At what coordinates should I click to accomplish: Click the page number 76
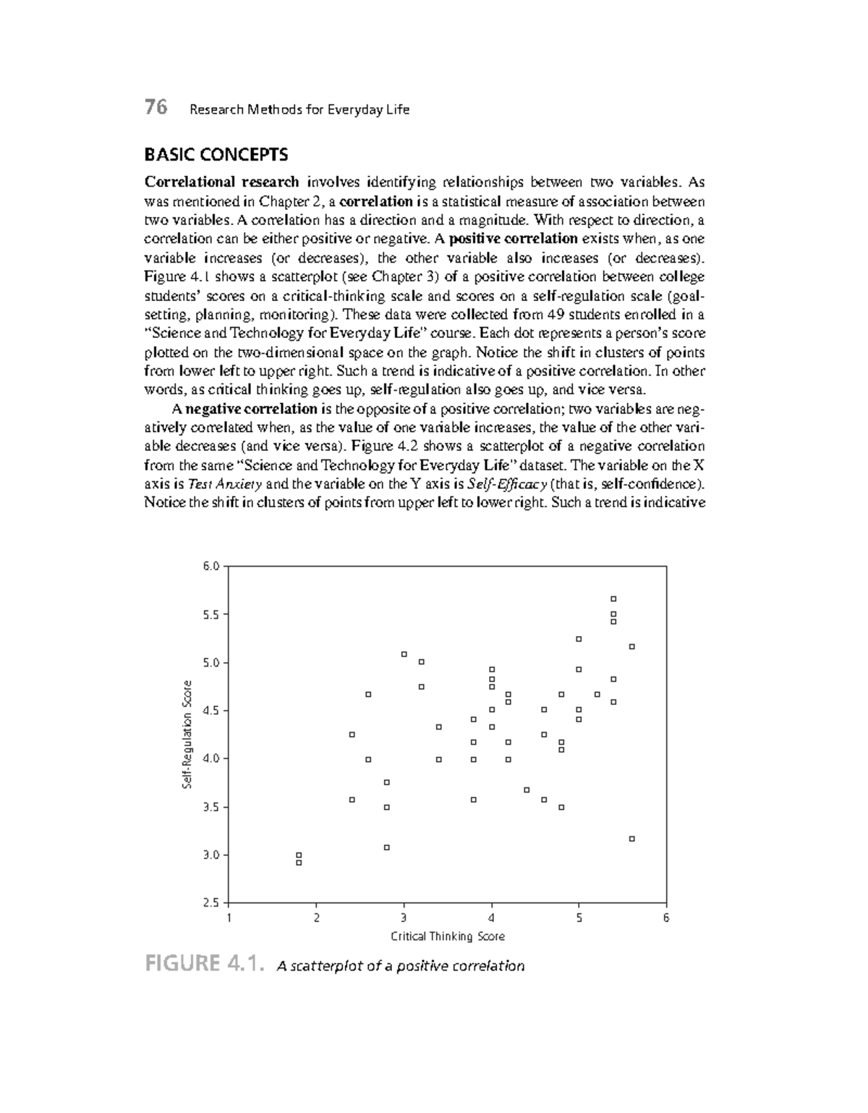(x=156, y=108)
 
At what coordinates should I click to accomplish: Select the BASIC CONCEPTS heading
(x=216, y=154)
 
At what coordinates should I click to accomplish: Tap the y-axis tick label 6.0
(x=210, y=566)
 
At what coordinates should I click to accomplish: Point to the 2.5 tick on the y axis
(x=210, y=902)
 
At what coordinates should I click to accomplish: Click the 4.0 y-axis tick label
(x=210, y=758)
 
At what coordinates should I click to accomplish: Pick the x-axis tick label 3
(x=404, y=918)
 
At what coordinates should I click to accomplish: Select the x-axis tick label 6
(x=666, y=918)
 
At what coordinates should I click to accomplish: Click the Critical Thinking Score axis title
(x=448, y=936)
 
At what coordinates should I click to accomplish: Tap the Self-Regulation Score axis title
(x=187, y=734)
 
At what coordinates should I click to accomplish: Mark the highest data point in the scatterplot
(x=613, y=598)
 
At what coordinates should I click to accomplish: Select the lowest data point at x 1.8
(x=299, y=863)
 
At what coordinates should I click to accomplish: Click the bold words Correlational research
(x=221, y=182)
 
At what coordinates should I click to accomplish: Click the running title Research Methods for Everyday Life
(x=299, y=109)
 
